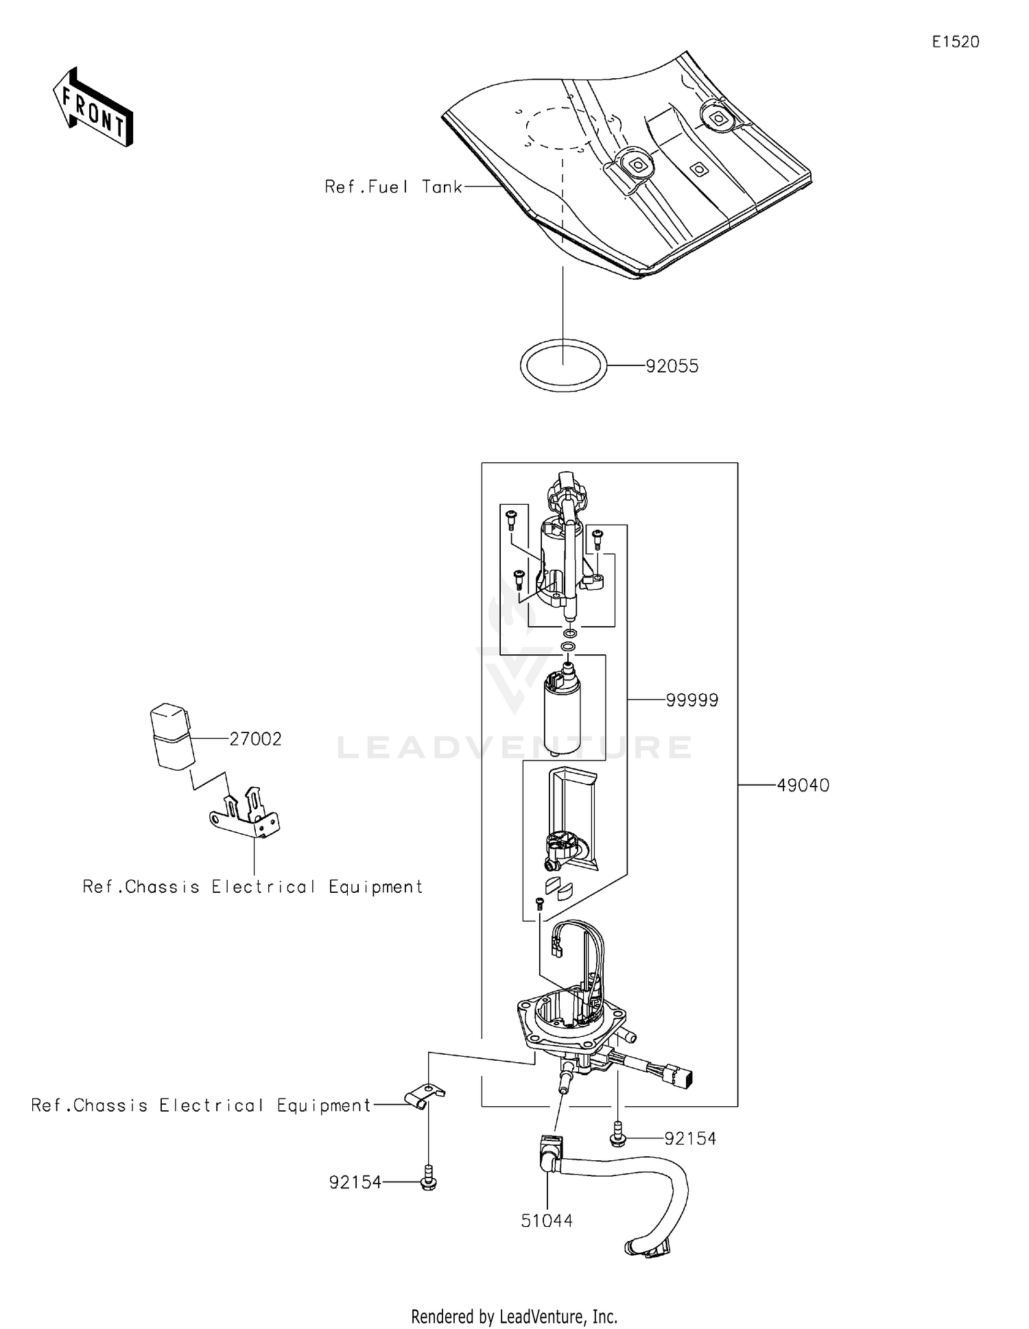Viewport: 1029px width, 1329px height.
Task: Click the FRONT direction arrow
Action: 93,108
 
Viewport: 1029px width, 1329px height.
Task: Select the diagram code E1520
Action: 955,42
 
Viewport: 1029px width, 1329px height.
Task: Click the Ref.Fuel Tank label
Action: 393,187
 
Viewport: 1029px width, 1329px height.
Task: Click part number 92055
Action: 672,366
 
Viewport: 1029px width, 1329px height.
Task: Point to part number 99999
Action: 691,700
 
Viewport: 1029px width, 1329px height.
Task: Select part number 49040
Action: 803,785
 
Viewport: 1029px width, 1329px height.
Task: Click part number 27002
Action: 255,739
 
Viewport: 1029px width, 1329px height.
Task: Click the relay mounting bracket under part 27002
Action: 246,816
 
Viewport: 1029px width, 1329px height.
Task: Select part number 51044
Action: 547,1221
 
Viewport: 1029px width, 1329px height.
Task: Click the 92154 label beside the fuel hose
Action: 689,1139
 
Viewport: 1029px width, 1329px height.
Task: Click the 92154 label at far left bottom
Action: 355,1183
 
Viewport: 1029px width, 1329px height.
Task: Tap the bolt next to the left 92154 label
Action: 428,1179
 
